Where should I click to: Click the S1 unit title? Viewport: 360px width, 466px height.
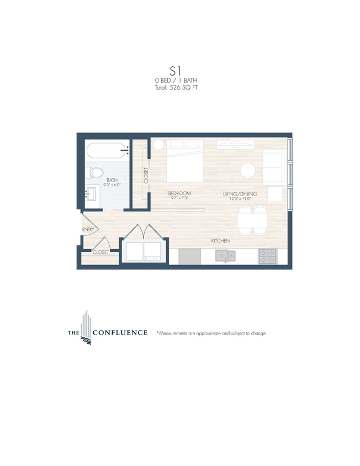176,71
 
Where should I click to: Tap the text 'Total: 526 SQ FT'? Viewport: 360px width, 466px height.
176,87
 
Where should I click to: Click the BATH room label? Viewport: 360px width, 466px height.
112,180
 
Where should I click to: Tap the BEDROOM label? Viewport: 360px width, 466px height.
180,193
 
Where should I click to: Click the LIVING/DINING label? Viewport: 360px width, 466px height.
238,194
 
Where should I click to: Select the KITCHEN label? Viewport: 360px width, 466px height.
221,241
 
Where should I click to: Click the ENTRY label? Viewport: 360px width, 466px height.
88,229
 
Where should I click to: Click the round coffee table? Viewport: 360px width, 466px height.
247,171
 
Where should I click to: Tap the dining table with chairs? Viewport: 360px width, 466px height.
251,221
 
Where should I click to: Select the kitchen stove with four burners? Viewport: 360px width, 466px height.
268,256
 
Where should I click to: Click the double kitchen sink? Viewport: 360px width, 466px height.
225,255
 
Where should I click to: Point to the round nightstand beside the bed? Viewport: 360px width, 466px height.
158,145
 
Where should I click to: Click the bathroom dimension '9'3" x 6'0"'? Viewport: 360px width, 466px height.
112,186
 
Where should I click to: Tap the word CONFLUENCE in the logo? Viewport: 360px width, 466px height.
120,333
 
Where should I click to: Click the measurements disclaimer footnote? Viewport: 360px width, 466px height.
211,333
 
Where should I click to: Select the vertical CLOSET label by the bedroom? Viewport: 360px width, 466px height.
146,176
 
